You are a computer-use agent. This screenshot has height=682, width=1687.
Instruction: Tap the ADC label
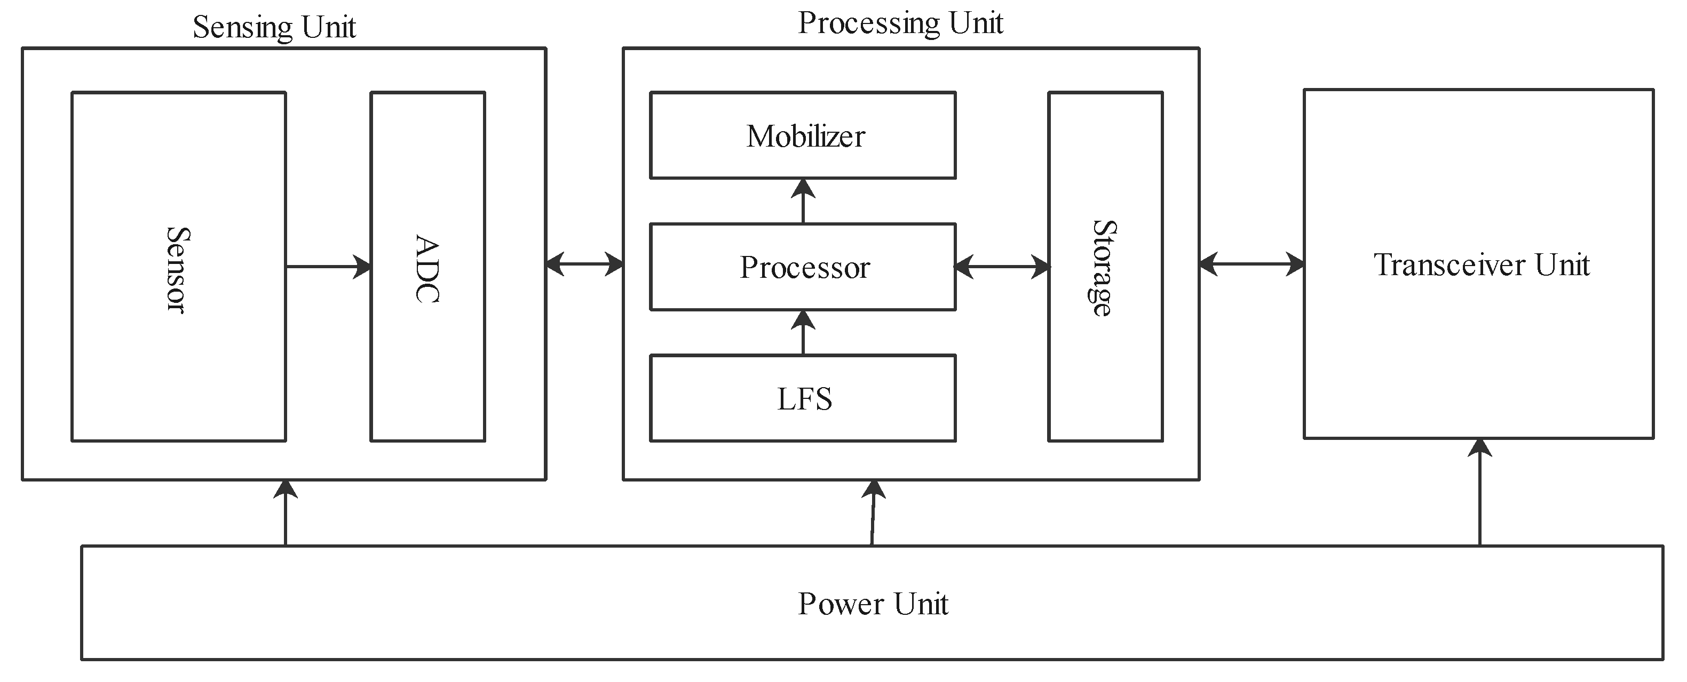(x=427, y=268)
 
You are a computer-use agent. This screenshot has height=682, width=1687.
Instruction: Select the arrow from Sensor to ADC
(x=328, y=267)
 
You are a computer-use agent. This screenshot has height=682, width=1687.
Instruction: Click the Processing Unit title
(x=900, y=23)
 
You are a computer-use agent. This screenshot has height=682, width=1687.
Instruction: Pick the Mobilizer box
(x=802, y=135)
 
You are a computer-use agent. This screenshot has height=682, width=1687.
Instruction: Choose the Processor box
(x=802, y=267)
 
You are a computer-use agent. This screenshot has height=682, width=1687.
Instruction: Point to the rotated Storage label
(x=1104, y=268)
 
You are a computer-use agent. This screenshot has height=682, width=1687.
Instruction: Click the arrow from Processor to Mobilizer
(x=803, y=201)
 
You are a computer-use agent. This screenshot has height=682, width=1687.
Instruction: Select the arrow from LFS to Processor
(x=803, y=333)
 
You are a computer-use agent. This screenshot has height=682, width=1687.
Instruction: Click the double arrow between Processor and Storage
(x=1002, y=267)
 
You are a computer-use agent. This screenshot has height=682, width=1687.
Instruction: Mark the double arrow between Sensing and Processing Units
(x=584, y=264)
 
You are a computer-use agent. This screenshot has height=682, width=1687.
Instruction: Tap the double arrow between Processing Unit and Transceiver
(x=1252, y=264)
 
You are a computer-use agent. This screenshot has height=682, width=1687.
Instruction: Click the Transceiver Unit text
(x=1482, y=265)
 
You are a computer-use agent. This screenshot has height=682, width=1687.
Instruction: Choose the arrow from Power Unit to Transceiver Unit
(x=1480, y=492)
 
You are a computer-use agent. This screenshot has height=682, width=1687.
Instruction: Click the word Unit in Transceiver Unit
(x=1562, y=265)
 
